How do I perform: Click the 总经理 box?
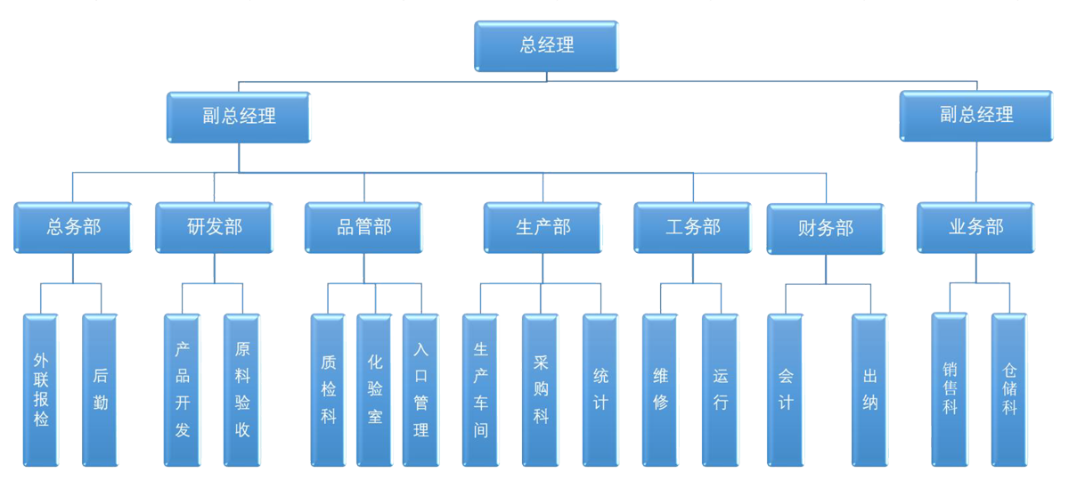[546, 46]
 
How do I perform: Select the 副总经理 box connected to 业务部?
[976, 115]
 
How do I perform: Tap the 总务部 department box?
[73, 228]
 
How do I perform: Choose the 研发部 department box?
[215, 228]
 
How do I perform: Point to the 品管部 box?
[364, 228]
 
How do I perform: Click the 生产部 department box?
[543, 228]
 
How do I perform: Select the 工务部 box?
[693, 228]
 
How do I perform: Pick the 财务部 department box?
[825, 229]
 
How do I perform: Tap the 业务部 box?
[975, 228]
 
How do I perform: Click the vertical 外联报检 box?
[41, 390]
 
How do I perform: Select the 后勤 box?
[100, 390]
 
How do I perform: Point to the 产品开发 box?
[183, 390]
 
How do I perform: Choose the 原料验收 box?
[242, 390]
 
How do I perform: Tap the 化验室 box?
[374, 390]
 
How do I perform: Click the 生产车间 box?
[481, 390]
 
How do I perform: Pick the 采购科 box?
[540, 390]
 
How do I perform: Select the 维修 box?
[660, 390]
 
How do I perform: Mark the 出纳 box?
[870, 390]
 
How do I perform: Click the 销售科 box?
[950, 390]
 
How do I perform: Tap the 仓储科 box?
[1009, 390]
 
